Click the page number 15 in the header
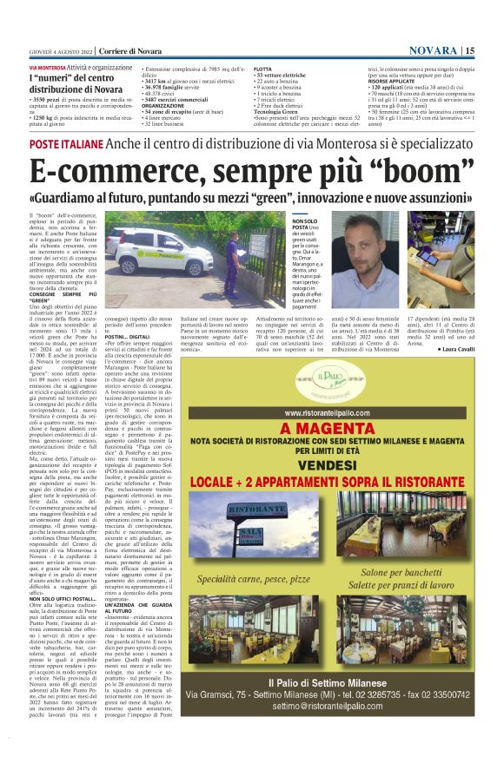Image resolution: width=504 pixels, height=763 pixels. point(469,50)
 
